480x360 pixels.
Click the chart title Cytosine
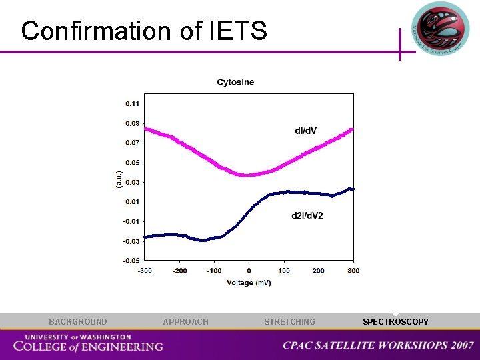235,83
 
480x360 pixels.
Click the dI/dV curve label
305,130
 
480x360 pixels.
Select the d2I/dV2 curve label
307,215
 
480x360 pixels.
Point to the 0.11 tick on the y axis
132,104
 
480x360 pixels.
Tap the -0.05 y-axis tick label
131,261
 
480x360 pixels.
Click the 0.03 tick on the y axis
132,182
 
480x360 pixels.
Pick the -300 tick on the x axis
144,271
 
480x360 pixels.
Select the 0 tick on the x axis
249,271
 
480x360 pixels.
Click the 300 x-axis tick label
353,271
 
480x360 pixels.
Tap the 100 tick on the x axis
283,271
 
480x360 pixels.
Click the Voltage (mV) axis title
249,283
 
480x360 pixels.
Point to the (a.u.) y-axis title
119,179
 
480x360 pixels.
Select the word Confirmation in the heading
95,31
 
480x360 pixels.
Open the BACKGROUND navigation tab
77,322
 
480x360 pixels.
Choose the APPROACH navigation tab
185,322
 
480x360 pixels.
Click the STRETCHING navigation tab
289,322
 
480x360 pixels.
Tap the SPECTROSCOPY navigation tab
395,322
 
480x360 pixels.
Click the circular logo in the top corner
440,29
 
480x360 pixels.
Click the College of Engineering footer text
88,345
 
